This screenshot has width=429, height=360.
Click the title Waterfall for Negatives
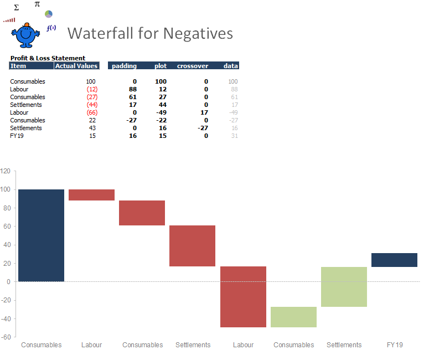point(150,33)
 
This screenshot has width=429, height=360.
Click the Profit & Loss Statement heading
point(48,58)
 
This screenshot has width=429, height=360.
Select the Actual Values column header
point(76,66)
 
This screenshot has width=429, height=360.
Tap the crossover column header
point(193,66)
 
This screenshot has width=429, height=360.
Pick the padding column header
point(124,66)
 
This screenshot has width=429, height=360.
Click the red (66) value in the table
point(92,112)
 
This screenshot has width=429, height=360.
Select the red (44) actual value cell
point(92,105)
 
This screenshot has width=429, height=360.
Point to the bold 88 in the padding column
point(133,89)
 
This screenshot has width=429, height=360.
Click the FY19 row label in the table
point(17,136)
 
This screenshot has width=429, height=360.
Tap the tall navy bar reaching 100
point(41,235)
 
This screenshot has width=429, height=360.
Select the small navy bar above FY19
point(394,260)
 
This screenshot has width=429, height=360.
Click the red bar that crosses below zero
point(243,297)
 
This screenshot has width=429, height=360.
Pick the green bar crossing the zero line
point(344,287)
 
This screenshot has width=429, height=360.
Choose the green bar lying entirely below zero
point(293,317)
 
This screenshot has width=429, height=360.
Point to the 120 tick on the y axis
point(6,171)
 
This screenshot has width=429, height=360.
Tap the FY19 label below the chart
point(395,345)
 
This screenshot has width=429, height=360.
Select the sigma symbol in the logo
point(16,8)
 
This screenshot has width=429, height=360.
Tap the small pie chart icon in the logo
point(49,13)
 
